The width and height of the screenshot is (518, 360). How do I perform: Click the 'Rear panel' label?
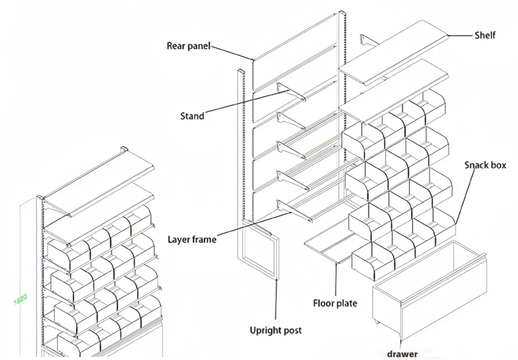(x=188, y=46)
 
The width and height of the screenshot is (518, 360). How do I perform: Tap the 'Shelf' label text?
(x=484, y=35)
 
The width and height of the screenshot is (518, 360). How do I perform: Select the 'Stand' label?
(x=192, y=116)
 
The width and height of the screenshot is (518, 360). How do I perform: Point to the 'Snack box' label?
(x=485, y=165)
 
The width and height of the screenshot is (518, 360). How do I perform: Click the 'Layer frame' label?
(x=192, y=239)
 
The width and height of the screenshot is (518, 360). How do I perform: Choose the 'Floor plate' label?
(x=335, y=303)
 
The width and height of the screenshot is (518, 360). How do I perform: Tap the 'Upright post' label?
(x=275, y=330)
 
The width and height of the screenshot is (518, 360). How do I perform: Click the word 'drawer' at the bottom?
(x=402, y=354)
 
